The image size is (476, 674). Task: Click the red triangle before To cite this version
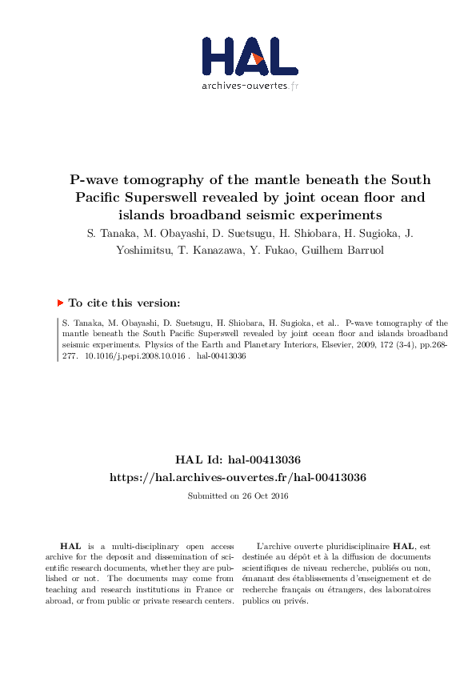tap(60, 303)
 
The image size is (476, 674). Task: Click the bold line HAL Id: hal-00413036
tap(238, 459)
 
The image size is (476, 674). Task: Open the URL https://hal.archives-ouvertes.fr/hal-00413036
tap(238, 477)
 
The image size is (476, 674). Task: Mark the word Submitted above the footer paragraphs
tap(207, 495)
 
